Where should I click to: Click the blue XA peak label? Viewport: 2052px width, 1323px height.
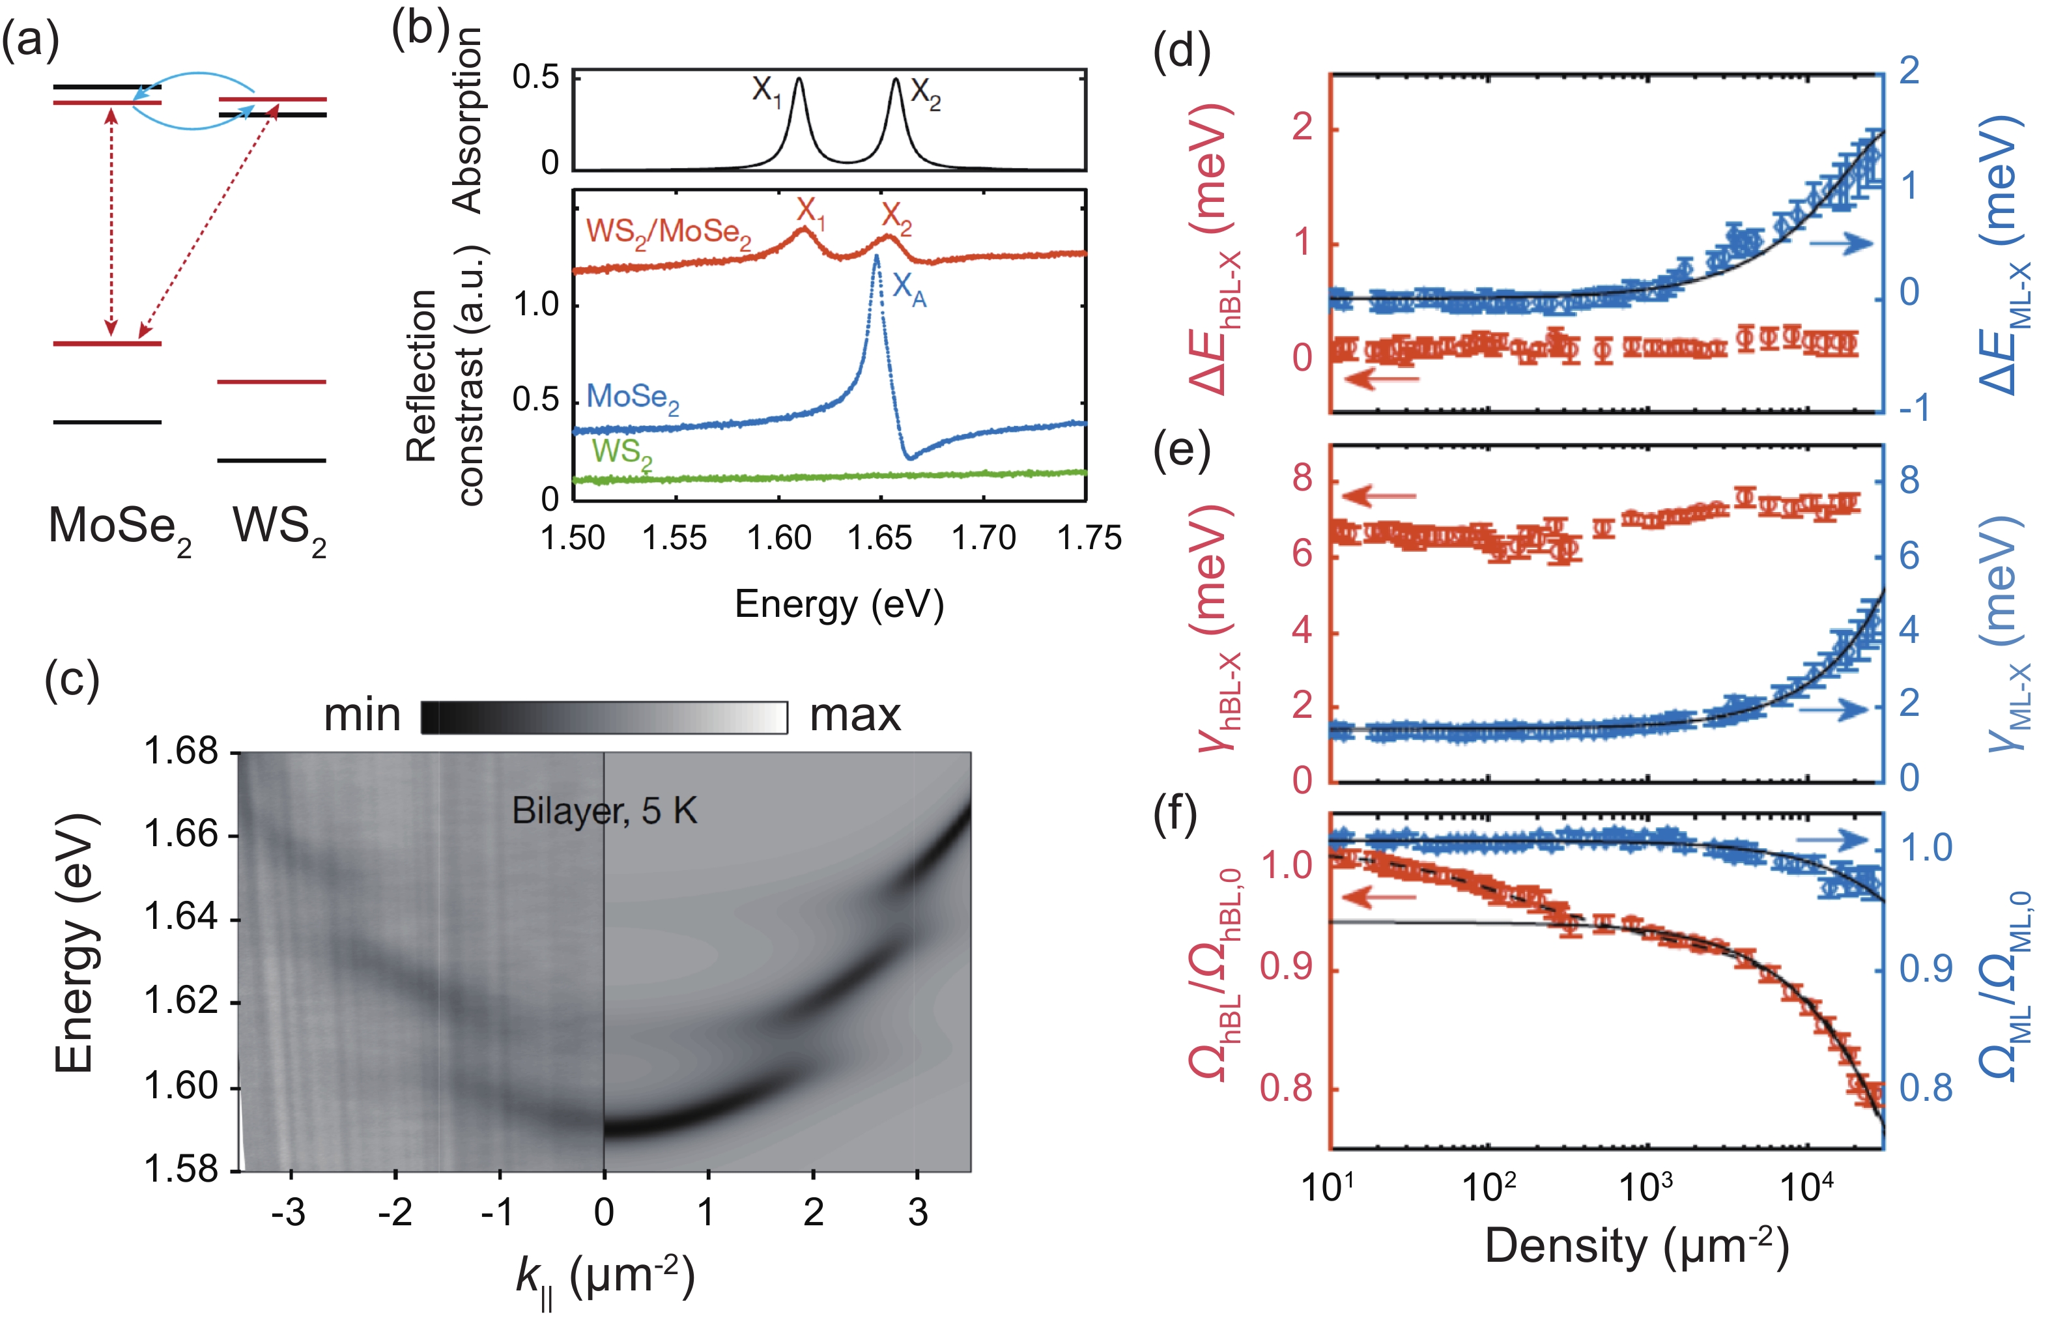pyautogui.click(x=909, y=289)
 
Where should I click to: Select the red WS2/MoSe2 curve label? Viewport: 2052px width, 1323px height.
pyautogui.click(x=668, y=232)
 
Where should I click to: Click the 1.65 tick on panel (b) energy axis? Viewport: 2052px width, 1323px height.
pyautogui.click(x=881, y=539)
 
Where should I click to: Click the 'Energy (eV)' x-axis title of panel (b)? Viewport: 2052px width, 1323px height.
pyautogui.click(x=839, y=604)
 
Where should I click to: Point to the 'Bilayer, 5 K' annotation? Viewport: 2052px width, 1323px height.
pyautogui.click(x=604, y=811)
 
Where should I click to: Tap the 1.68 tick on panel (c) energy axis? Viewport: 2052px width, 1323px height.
pyautogui.click(x=181, y=752)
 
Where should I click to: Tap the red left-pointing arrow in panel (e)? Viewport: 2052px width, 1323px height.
pyautogui.click(x=1380, y=496)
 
